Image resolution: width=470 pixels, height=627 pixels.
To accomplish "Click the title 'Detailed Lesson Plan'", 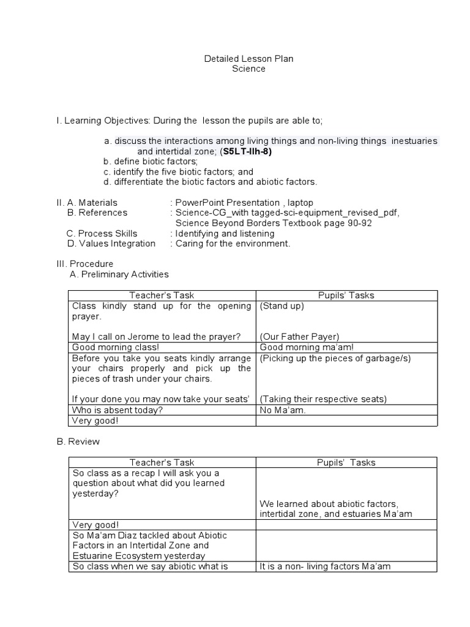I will [x=248, y=59].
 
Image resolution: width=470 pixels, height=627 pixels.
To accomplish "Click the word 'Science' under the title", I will [x=248, y=69].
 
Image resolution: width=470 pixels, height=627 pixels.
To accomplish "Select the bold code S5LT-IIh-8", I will [x=245, y=151].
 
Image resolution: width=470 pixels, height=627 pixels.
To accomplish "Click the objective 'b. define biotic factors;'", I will [x=151, y=162].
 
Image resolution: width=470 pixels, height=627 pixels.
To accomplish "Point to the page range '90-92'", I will [x=359, y=223].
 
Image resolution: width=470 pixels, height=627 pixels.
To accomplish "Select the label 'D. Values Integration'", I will [x=111, y=243].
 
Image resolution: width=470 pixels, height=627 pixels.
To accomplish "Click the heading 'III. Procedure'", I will [x=84, y=264].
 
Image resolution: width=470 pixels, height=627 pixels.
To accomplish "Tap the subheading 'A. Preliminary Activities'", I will [x=119, y=274].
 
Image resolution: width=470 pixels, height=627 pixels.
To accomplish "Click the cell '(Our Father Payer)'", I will [x=299, y=336].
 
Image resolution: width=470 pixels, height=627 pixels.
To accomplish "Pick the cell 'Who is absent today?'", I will [x=117, y=410].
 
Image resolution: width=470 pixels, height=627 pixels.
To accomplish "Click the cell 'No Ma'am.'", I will [x=282, y=410].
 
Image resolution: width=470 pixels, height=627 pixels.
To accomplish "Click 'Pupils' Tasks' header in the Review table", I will [x=346, y=462].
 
